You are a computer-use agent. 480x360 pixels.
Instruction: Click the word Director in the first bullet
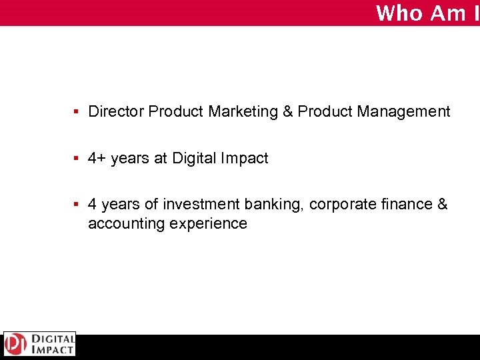point(117,112)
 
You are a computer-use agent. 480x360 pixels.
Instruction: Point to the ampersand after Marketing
point(288,112)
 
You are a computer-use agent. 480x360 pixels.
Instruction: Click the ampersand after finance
point(443,205)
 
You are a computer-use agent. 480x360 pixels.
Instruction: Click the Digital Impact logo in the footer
point(40,344)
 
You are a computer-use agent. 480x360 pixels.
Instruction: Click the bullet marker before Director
point(77,112)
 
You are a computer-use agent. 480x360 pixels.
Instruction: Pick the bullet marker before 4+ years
point(77,159)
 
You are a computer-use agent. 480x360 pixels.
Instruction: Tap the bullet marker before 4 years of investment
point(77,205)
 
